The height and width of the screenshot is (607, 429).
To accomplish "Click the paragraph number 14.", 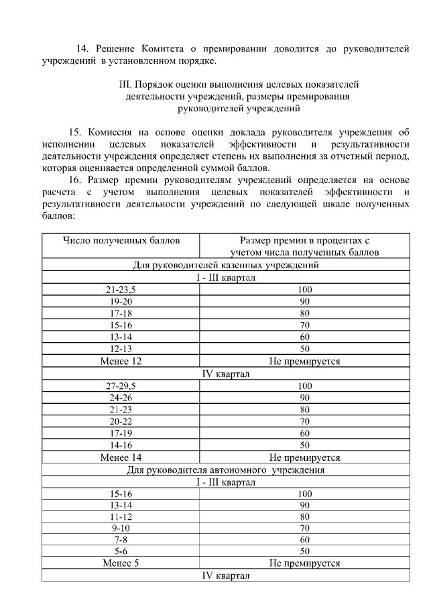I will tap(82, 49).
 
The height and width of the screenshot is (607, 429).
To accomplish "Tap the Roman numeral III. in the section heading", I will tap(124, 85).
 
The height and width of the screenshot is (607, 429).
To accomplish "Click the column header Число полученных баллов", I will tap(121, 240).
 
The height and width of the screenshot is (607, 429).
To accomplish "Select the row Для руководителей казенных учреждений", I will tap(225, 265).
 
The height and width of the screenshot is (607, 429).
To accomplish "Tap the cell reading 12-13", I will tap(121, 349).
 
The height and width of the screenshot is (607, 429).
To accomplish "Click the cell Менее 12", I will tap(121, 362).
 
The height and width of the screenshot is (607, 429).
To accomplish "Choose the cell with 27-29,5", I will tap(121, 386).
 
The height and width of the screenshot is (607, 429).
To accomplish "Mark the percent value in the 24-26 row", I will tap(305, 398).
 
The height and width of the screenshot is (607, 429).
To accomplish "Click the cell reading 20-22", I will tap(121, 422).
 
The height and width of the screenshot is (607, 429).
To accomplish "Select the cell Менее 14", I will tap(121, 458).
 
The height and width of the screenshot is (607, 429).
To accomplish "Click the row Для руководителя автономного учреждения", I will tap(225, 470).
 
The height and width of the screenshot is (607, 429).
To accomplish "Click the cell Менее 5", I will tap(121, 564).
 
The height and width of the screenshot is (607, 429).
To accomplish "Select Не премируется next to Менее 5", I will tap(305, 564).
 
